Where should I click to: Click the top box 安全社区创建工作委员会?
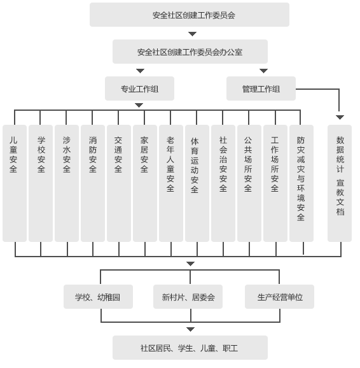190,15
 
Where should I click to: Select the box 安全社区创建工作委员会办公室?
190,52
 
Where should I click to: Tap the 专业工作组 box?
139,88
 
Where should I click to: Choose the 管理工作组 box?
261,88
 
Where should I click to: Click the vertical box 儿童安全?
15,183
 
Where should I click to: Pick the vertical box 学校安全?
41,183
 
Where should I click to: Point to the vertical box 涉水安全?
67,183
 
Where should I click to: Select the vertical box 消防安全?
93,183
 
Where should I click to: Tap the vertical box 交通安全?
119,183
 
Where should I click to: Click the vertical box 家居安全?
145,183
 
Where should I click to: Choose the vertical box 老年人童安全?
171,183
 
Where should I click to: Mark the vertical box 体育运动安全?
197,183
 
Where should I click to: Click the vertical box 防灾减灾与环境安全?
301,183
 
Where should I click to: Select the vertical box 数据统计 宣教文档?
340,183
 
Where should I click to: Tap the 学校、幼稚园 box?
98,297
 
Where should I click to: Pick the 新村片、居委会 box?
188,297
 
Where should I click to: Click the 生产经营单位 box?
279,297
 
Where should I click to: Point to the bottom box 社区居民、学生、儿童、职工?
190,348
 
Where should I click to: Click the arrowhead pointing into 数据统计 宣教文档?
340,117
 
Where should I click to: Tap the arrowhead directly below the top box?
192,34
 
